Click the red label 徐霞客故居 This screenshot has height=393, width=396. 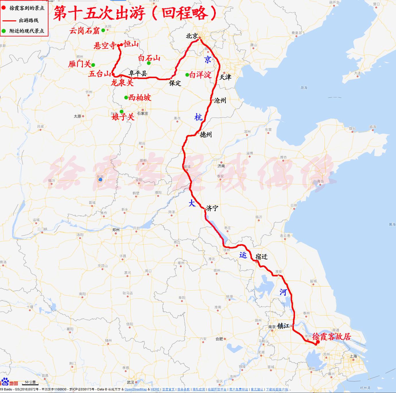(332, 336)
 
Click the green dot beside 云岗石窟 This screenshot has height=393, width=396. (103, 30)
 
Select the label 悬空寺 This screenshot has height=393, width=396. (105, 45)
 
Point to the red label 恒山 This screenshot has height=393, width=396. (131, 44)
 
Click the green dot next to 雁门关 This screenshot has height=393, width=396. (93, 65)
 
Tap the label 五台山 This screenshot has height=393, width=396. (100, 74)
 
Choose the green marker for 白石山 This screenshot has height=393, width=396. (149, 63)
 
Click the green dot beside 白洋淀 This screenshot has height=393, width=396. (187, 75)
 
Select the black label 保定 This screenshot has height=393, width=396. (175, 83)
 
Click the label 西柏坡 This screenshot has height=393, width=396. (139, 98)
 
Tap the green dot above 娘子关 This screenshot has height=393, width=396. (121, 111)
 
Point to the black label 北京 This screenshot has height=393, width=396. (192, 36)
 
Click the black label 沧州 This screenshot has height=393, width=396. (220, 100)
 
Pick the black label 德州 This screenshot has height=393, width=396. (206, 134)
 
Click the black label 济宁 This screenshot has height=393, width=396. (212, 208)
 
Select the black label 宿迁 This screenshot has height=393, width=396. (261, 257)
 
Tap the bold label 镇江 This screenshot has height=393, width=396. (283, 326)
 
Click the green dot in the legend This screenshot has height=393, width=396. (3, 31)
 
